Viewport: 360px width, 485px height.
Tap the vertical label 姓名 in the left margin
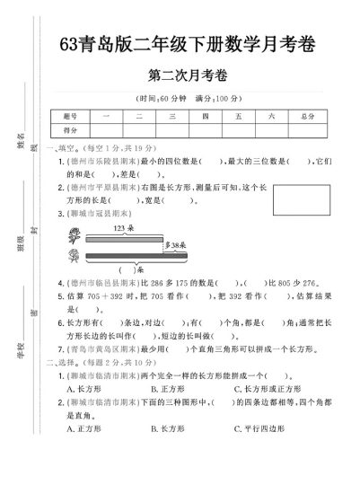click(20, 137)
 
